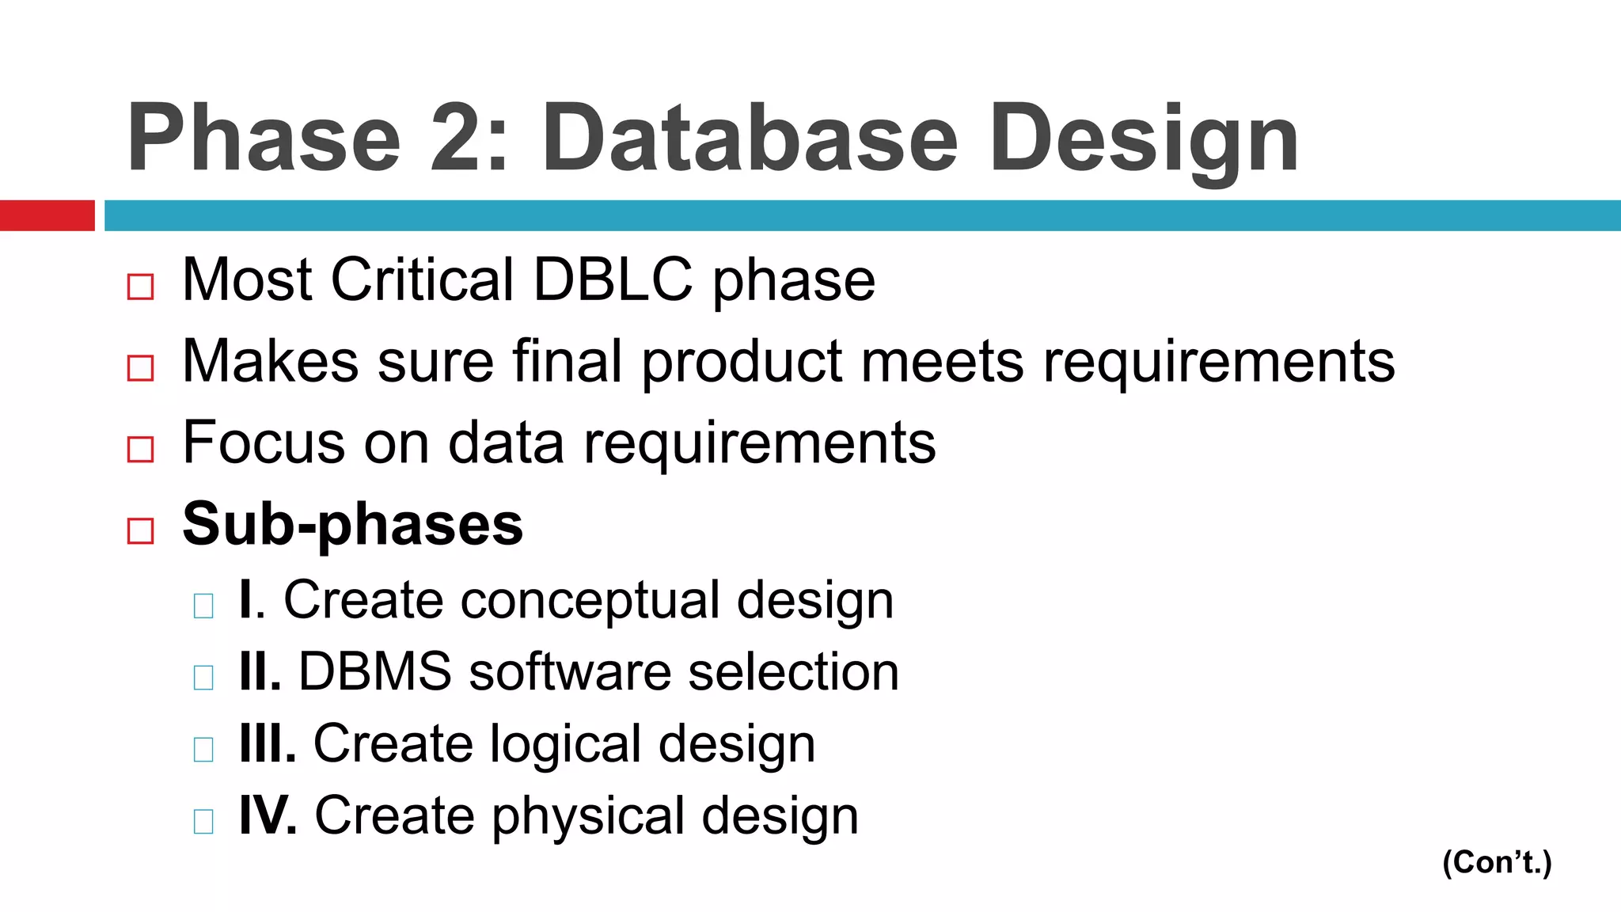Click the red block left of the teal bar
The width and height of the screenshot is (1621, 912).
(47, 215)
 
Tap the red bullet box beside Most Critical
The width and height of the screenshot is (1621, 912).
(140, 287)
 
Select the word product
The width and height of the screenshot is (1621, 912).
(742, 362)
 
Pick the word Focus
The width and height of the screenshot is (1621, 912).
(263, 442)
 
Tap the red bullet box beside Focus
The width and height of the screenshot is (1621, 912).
(140, 449)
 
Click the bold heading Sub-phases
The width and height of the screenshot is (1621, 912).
(352, 524)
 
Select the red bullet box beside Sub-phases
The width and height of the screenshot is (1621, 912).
(140, 530)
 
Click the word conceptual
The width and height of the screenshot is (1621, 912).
(589, 600)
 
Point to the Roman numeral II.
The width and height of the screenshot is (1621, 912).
(259, 671)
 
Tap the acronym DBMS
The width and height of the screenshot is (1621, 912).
(375, 671)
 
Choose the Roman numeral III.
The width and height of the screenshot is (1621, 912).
(267, 743)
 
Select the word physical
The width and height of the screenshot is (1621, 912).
(587, 816)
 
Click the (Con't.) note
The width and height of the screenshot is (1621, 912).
(1497, 862)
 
